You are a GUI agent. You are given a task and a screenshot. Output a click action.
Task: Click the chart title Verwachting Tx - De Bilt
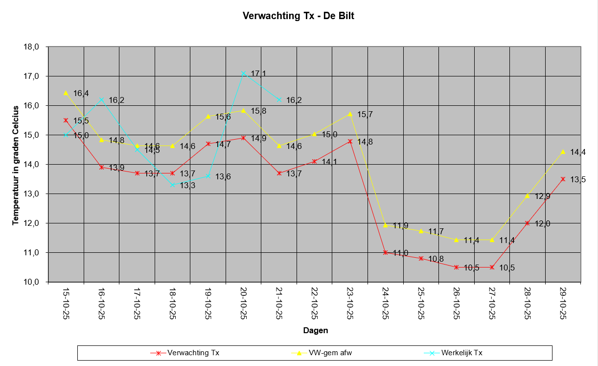point(299,16)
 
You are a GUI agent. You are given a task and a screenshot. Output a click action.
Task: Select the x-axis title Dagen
point(316,330)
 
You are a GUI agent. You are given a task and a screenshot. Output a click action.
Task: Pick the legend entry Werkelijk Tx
point(462,352)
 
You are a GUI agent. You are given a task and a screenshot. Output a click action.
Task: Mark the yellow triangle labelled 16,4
point(66,93)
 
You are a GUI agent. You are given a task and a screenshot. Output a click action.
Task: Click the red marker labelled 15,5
point(66,120)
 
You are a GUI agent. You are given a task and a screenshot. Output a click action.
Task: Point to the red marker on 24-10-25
point(386,252)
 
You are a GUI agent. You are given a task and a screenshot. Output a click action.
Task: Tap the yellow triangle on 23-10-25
point(350,114)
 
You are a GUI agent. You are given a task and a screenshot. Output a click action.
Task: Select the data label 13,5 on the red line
point(578,180)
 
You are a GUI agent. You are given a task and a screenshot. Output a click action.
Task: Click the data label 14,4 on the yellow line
point(578,152)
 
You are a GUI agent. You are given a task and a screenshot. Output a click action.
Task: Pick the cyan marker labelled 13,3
point(172,185)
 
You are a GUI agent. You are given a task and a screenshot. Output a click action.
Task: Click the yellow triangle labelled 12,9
point(528,196)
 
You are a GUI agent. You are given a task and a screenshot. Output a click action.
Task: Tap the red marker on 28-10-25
point(528,223)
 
